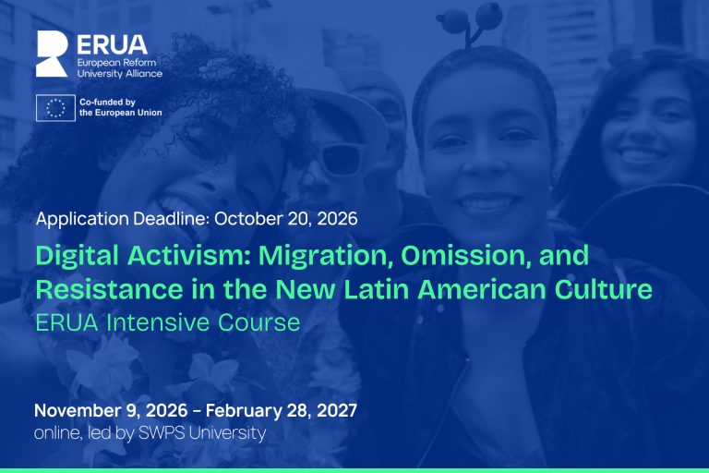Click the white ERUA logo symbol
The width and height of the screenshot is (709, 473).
(x=51, y=54)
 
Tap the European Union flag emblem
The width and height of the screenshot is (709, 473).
(x=55, y=108)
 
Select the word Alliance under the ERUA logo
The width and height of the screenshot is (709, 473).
(x=144, y=73)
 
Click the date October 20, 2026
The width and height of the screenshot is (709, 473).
(x=286, y=219)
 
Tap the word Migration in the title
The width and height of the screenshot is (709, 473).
(x=325, y=256)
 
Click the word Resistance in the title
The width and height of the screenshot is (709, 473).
(x=110, y=289)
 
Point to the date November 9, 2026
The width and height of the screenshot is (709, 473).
(x=111, y=410)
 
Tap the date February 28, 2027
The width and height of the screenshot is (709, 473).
(x=282, y=410)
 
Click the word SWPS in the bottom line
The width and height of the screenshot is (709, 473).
(x=162, y=432)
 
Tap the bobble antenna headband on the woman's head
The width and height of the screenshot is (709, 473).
(x=470, y=22)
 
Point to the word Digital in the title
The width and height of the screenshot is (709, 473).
(x=77, y=256)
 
